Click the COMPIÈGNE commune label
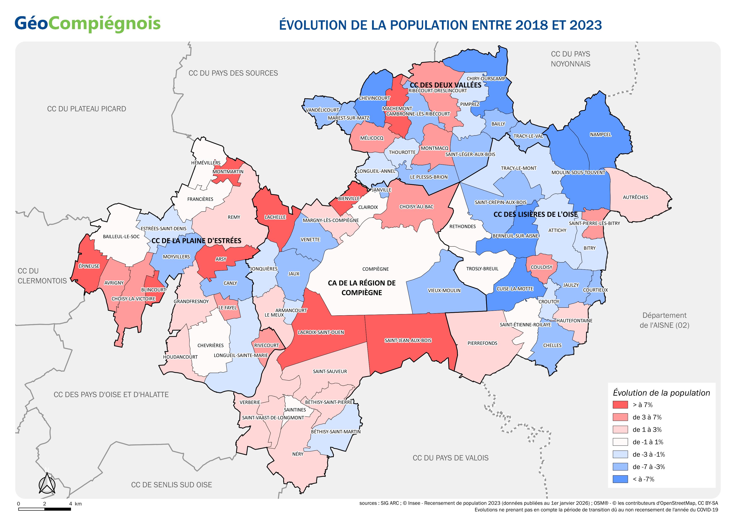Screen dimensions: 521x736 tap(375, 269)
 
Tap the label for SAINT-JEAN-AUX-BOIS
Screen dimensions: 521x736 tap(408, 340)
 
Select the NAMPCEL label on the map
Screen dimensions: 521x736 tap(600, 135)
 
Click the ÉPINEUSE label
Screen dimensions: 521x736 tap(89, 266)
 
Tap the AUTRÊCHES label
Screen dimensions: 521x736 tap(635, 197)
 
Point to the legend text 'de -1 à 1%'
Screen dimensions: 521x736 tap(647, 442)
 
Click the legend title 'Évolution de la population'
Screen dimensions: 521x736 tap(661, 393)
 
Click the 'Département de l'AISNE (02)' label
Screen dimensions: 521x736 tap(664, 320)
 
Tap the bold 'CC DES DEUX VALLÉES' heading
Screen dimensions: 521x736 tap(446, 85)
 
